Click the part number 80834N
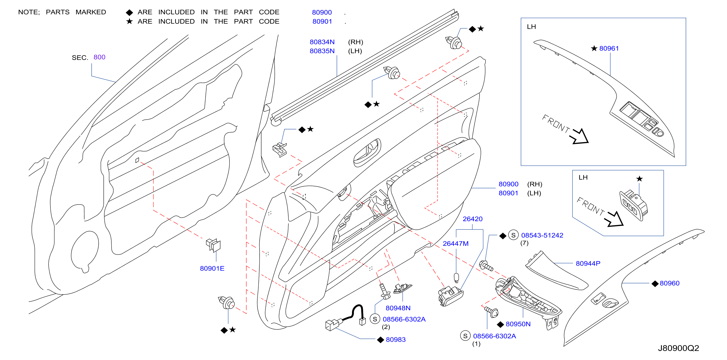coord(322,42)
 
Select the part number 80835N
coord(322,51)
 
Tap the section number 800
coord(99,57)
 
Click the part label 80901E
coord(212,268)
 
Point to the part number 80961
coord(609,49)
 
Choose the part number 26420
coord(473,219)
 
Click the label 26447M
coord(456,244)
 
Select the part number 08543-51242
coord(542,235)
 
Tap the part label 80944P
coord(588,263)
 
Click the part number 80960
coord(670,283)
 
